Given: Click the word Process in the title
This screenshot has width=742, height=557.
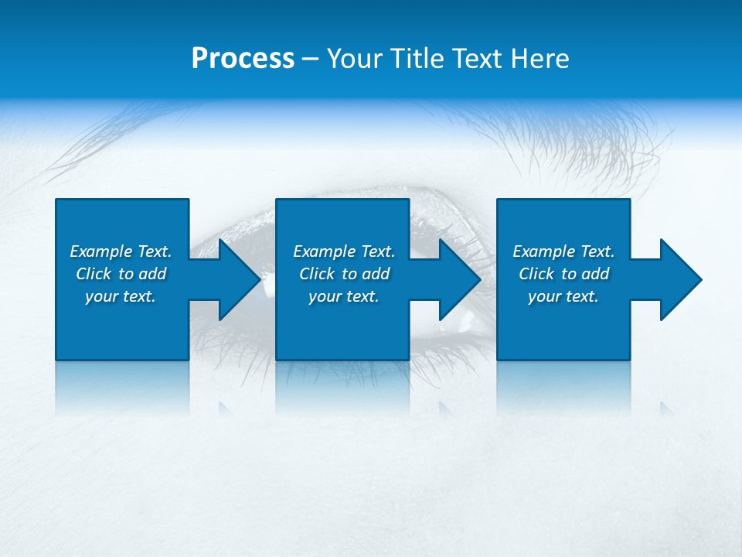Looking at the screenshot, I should pos(243,59).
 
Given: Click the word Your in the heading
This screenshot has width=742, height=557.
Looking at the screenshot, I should pos(354,59).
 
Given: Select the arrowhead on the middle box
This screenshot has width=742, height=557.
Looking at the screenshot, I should pos(458,279).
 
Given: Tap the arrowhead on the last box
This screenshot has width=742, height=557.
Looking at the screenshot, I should pos(679,279).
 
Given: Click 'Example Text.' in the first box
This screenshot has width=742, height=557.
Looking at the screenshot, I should pos(121,251).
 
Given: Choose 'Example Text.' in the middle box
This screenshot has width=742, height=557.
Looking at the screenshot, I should pos(344,251).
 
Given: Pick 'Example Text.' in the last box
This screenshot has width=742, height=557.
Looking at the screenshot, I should pos(563,251).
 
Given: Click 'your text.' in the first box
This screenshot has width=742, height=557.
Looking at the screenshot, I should pos(121,296).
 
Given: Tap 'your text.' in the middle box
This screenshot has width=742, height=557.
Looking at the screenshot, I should pos(344,296).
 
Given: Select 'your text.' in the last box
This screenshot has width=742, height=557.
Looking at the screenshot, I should pos(563,296).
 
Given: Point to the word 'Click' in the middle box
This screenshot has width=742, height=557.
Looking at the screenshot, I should pos(318,274).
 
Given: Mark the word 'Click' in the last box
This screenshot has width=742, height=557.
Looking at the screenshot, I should pos(537,274).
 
